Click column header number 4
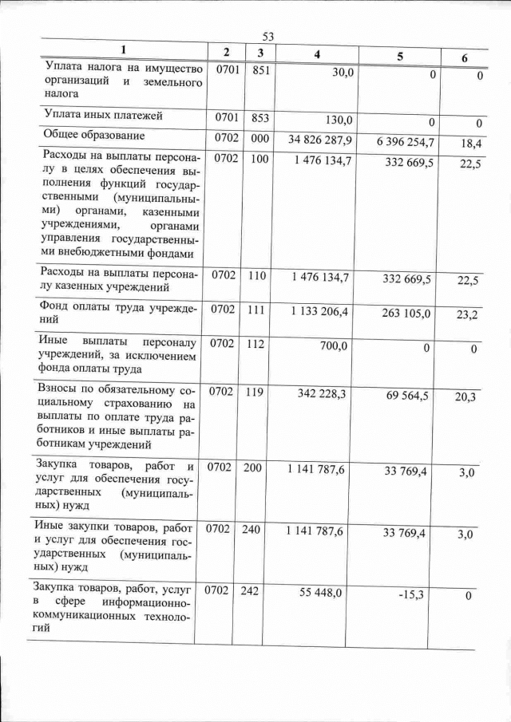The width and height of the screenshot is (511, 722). coord(318,53)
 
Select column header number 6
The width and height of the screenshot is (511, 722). coord(465,58)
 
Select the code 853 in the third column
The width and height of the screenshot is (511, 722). coord(259,118)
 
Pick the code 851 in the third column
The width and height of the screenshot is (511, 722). coord(259,70)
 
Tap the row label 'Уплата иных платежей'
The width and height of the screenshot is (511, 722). coord(104,116)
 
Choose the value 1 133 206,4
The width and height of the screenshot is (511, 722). coord(319,310)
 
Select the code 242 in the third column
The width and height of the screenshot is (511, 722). coord(252,591)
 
